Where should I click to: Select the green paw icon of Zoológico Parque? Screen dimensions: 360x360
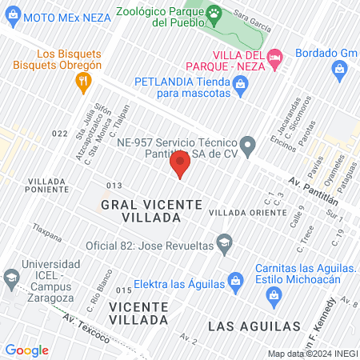214,13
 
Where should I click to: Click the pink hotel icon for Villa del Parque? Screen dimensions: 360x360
275,56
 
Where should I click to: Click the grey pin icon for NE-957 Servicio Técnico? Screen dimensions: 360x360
248,146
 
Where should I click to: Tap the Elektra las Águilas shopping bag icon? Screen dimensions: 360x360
234,280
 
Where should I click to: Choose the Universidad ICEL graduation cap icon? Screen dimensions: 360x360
11,278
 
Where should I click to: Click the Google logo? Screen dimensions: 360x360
26,350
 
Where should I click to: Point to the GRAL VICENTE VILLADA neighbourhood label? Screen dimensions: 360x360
151,211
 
